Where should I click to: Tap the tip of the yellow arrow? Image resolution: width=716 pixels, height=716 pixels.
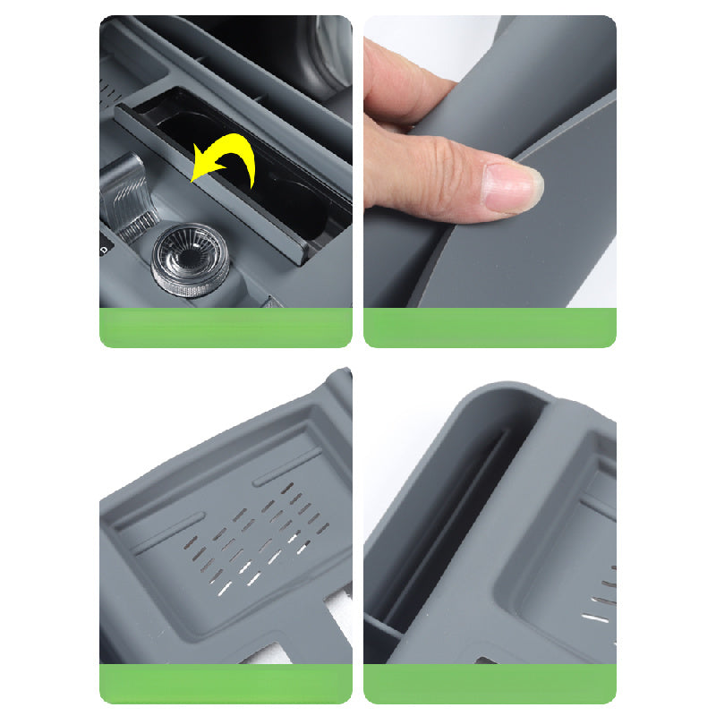point(194,180)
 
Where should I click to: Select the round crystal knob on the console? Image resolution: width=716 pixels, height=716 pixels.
point(189,259)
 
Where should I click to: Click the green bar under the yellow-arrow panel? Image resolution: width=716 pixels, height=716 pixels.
point(226,328)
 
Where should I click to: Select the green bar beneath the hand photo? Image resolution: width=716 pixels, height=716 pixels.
point(490,328)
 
